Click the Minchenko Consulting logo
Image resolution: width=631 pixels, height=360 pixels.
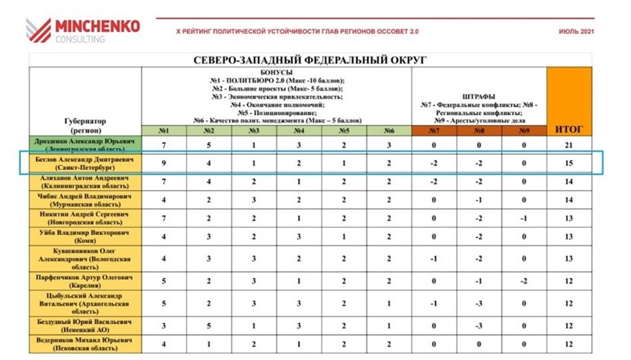[82, 30]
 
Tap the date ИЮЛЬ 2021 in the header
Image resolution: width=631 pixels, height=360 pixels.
[576, 31]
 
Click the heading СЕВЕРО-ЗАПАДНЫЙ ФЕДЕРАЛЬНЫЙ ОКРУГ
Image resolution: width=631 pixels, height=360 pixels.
[310, 60]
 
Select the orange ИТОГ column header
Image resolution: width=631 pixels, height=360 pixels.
[568, 129]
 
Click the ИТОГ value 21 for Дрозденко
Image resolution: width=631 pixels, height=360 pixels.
[568, 145]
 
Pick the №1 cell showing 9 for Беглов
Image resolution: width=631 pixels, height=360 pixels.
[164, 163]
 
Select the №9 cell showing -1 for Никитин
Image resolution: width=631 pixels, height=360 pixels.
[524, 218]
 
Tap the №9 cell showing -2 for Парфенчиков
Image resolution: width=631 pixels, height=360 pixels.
[524, 281]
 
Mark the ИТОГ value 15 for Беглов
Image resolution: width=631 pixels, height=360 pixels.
[568, 163]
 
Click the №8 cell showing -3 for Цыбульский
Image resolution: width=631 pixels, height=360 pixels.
[479, 303]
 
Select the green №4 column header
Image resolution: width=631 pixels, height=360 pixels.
[299, 130]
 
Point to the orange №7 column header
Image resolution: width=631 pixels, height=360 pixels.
[434, 130]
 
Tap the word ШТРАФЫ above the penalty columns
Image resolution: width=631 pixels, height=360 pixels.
[479, 96]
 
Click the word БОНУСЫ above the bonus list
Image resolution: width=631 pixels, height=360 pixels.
[277, 73]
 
